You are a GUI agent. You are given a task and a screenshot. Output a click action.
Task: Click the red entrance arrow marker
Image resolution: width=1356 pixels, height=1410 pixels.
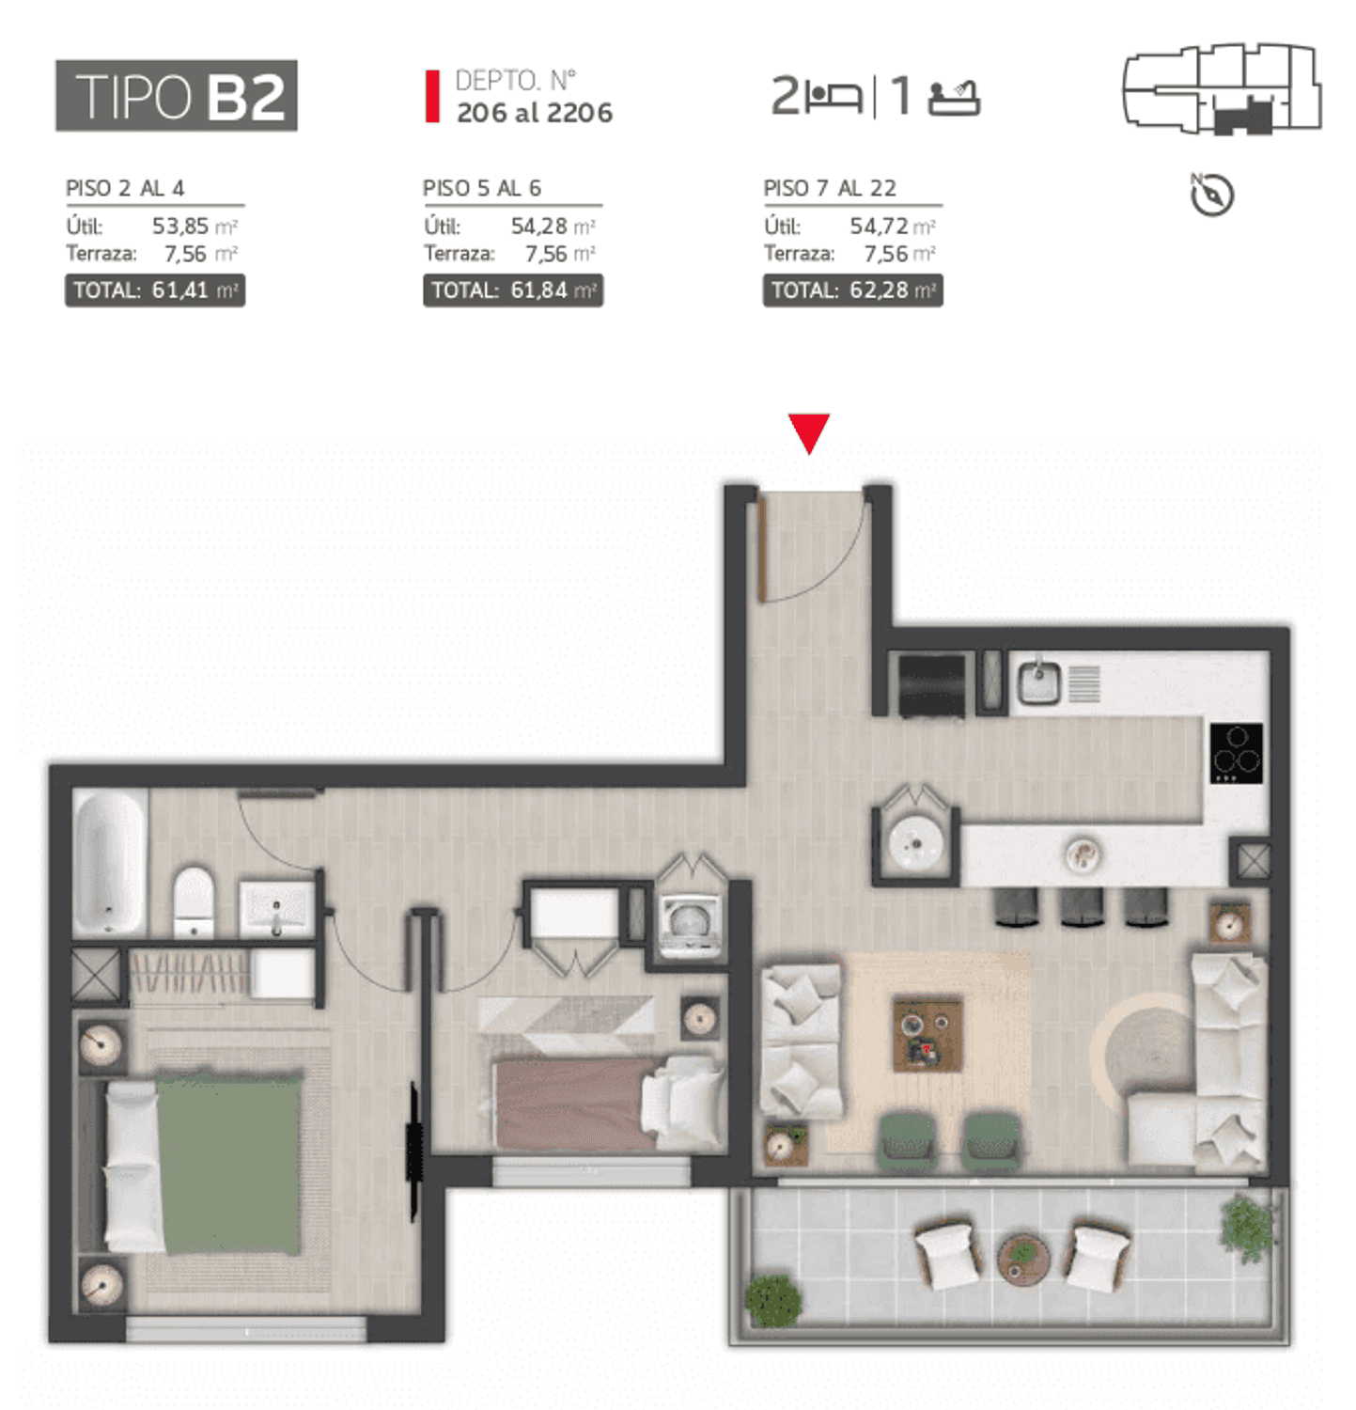[808, 431]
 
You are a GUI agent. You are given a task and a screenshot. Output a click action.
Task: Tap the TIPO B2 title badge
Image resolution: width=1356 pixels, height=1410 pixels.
[177, 96]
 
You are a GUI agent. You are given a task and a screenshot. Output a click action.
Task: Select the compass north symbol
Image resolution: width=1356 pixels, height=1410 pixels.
[1211, 195]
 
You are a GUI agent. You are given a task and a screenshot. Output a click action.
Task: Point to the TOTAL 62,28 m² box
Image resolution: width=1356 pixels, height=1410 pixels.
[852, 290]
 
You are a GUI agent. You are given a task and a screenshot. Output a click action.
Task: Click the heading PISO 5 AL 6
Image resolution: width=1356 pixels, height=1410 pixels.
[482, 188]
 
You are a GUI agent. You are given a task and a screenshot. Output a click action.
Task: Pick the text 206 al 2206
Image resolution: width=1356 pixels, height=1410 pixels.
[535, 113]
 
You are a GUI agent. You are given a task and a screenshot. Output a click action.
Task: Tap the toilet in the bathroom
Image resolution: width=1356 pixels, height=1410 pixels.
[195, 901]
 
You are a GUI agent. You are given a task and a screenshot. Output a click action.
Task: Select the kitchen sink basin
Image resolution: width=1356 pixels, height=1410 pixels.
[1039, 681]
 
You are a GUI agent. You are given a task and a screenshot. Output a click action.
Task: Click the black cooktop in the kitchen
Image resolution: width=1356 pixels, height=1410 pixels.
[1236, 752]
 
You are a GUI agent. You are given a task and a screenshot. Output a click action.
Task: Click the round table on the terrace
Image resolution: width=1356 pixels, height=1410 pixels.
[1023, 1259]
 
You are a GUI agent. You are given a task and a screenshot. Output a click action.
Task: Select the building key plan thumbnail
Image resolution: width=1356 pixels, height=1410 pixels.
[1223, 89]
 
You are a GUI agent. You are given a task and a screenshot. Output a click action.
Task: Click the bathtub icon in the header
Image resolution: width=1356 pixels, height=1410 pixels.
[954, 98]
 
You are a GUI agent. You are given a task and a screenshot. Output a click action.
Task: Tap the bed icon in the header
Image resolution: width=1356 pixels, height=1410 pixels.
[834, 97]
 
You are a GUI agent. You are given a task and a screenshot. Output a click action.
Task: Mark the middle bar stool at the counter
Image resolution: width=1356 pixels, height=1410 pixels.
[1082, 906]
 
